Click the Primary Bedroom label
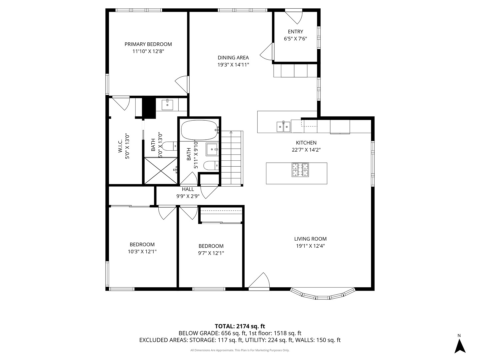coord(148,44)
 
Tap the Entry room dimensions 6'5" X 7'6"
coord(295,39)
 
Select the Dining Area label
coord(233,58)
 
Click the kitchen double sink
coord(283,127)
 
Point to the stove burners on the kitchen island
coord(300,170)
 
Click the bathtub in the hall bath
coord(199,130)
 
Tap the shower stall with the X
coord(161,171)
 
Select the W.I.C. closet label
coord(120,146)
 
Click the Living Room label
coord(310,239)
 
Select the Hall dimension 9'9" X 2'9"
coord(188,196)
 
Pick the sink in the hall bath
coord(212,149)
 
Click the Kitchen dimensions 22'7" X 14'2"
coord(306,150)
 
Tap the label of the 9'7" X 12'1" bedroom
coord(211,246)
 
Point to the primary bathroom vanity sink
coord(167,105)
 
